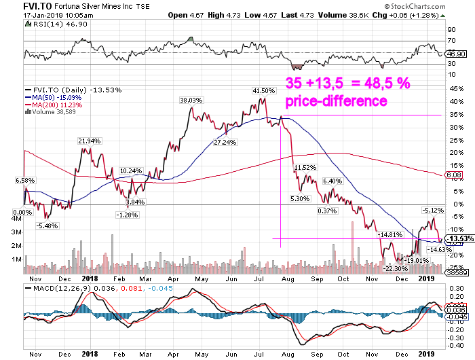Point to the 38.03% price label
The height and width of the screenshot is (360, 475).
[x=191, y=100]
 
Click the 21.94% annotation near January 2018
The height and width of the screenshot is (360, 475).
[x=88, y=141]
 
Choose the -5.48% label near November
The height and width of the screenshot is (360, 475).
[x=47, y=226]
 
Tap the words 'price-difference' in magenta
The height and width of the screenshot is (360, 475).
[x=336, y=101]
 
